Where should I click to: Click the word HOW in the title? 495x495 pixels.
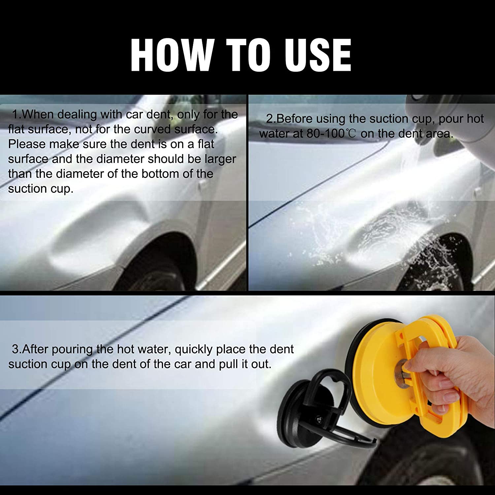pyautogui.click(x=172, y=55)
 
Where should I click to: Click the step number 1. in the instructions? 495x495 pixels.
pyautogui.click(x=16, y=115)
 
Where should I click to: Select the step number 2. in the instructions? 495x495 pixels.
pyautogui.click(x=271, y=119)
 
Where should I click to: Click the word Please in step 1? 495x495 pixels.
pyautogui.click(x=27, y=144)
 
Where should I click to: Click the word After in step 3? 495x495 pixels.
pyautogui.click(x=36, y=349)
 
